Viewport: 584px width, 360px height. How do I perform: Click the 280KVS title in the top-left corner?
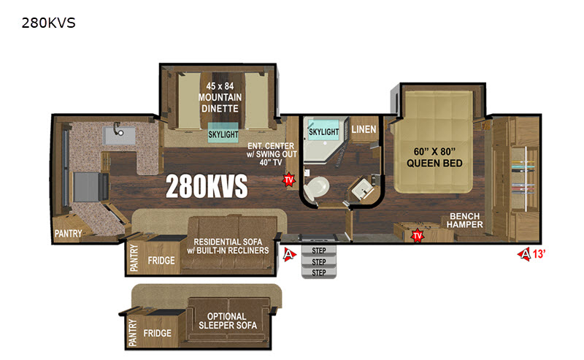pyautogui.click(x=48, y=23)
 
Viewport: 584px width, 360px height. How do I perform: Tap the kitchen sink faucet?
pyautogui.click(x=118, y=129)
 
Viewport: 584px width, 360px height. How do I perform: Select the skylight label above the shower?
pyautogui.click(x=323, y=131)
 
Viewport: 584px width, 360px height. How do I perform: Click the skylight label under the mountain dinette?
pyautogui.click(x=223, y=134)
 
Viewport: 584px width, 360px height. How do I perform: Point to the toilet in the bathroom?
pyautogui.click(x=316, y=188)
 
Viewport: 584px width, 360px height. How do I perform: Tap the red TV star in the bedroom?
pyautogui.click(x=418, y=236)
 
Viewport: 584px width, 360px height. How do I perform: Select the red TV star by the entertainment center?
pyautogui.click(x=288, y=180)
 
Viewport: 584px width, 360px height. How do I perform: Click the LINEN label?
pyautogui.click(x=364, y=130)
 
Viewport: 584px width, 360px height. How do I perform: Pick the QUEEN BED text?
pyautogui.click(x=434, y=164)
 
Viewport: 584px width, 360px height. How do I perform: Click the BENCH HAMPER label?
pyautogui.click(x=464, y=221)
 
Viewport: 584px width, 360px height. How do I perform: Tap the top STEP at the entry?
pyautogui.click(x=319, y=250)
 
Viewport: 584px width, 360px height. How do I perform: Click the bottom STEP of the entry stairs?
pyautogui.click(x=319, y=273)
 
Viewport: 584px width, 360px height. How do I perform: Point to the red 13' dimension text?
pyautogui.click(x=539, y=254)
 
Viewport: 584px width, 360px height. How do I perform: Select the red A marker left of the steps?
pyautogui.click(x=289, y=255)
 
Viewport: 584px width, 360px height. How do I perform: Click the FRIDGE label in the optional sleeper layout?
pyautogui.click(x=158, y=333)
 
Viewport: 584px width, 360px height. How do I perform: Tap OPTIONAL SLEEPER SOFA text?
pyautogui.click(x=227, y=321)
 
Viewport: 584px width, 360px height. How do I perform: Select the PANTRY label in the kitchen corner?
pyautogui.click(x=68, y=234)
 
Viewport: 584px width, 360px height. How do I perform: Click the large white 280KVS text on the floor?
pyautogui.click(x=207, y=186)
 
